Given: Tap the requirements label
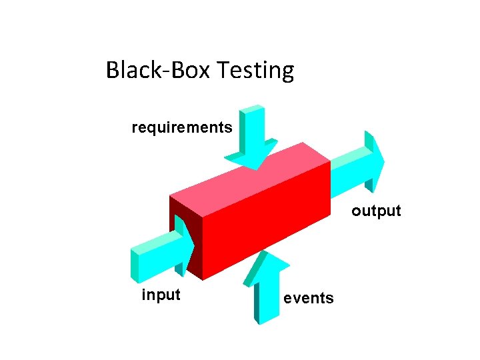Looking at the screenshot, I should tap(182, 127).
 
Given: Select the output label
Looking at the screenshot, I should tap(376, 211).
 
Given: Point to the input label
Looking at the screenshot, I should tap(161, 294).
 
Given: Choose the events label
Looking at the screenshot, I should tap(309, 298).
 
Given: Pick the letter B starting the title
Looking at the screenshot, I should tap(112, 70).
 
